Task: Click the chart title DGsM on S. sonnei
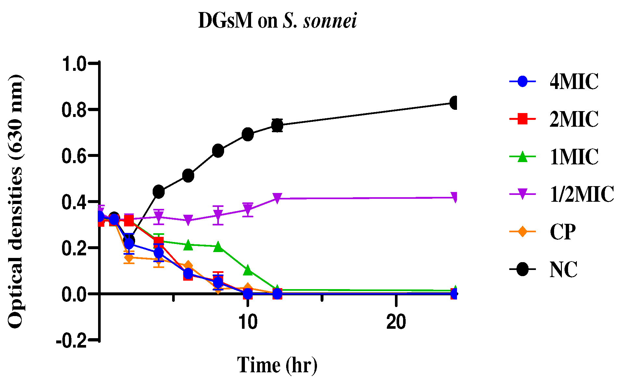point(277,21)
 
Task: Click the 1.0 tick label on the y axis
point(74,64)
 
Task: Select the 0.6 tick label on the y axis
point(74,156)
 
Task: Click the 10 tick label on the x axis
point(247,322)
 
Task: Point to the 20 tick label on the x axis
point(396,322)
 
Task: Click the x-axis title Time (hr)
point(277,365)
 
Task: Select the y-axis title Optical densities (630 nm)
point(16,201)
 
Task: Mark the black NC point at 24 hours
point(454,103)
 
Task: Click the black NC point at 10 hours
point(247,134)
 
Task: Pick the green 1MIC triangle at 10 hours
point(247,270)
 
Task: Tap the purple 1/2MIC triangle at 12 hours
point(277,198)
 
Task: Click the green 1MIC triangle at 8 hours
point(218,247)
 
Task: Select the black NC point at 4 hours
point(158,192)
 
